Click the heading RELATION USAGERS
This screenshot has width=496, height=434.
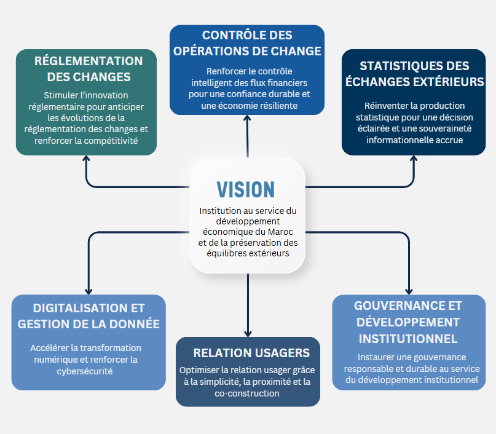click(248, 353)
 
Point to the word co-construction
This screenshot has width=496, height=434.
click(248, 393)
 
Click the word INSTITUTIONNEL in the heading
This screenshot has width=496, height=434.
click(407, 339)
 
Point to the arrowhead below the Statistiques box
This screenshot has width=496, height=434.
click(414, 159)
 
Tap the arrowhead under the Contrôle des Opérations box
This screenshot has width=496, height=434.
click(248, 119)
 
